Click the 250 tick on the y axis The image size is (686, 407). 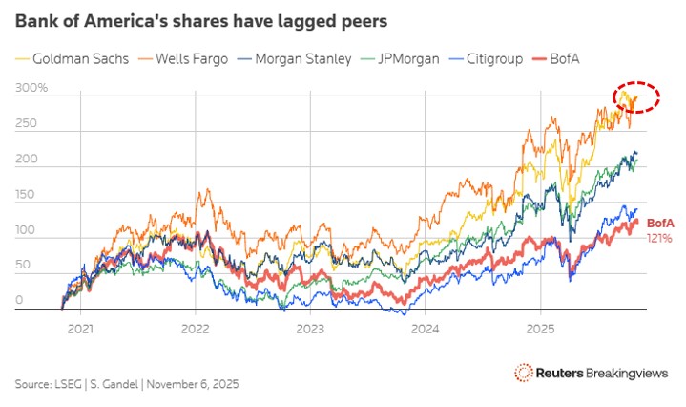pyautogui.click(x=26, y=124)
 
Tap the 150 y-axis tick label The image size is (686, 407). pyautogui.click(x=26, y=195)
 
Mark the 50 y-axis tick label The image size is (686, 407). pyautogui.click(x=23, y=266)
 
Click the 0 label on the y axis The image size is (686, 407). pyautogui.click(x=19, y=301)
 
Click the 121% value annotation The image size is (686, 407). pyautogui.click(x=660, y=237)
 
